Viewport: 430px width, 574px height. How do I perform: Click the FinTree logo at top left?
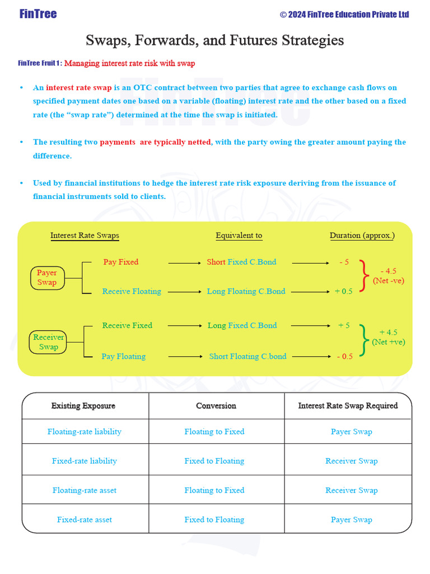click(38, 14)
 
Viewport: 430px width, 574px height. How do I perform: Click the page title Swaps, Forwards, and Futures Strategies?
click(214, 40)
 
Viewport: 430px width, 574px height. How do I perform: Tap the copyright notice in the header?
click(344, 14)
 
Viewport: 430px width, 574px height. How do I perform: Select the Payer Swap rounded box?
click(47, 277)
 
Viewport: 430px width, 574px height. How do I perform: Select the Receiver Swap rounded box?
click(48, 342)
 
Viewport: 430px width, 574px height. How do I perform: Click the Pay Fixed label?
click(120, 262)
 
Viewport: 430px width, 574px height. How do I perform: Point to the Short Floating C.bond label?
click(247, 357)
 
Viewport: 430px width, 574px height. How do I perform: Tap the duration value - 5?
click(344, 262)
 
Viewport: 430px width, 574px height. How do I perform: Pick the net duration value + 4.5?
click(388, 332)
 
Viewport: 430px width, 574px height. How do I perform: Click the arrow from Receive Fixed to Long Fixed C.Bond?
click(185, 326)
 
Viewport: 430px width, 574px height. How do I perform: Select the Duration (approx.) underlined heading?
click(362, 235)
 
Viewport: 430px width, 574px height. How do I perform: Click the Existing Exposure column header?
click(83, 405)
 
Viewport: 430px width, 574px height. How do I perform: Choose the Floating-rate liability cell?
click(85, 432)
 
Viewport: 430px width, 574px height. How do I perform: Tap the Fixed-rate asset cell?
click(85, 520)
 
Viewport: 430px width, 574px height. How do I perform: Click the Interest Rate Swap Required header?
click(348, 405)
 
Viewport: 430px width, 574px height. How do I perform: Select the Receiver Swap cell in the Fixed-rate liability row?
click(351, 461)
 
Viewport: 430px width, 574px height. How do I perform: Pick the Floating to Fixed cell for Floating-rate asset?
click(214, 490)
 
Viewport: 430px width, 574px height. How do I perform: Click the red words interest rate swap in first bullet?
click(79, 88)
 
